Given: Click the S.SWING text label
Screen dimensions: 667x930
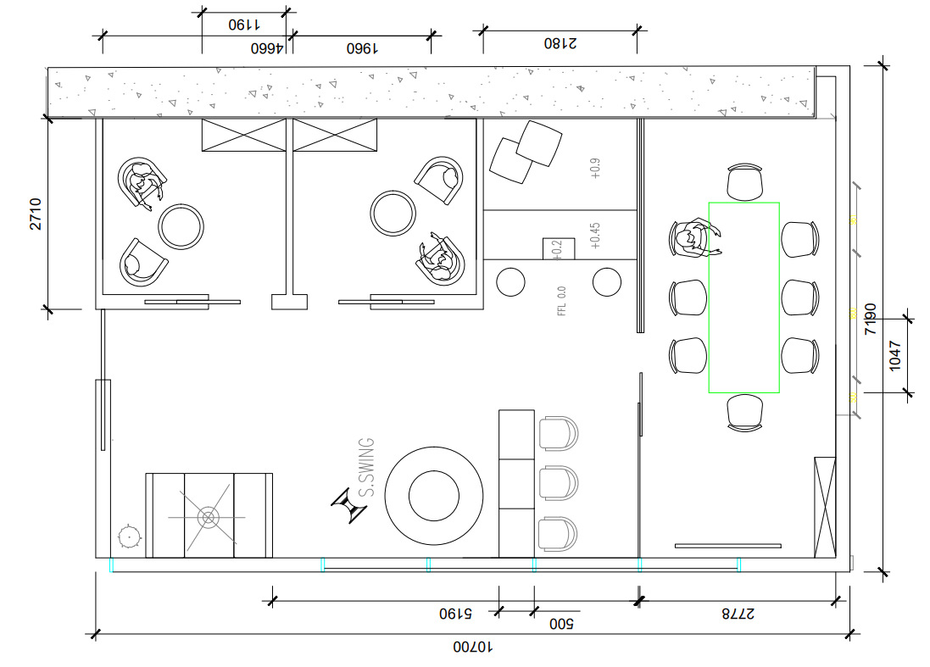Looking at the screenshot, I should pos(366,468).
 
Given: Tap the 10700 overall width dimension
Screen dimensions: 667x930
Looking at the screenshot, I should pos(472,648).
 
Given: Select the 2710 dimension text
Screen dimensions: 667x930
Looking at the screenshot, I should pos(36,214).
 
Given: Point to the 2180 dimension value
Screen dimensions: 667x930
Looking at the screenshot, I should pos(560,42).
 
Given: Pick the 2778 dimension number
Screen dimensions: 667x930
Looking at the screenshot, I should pos(737,613).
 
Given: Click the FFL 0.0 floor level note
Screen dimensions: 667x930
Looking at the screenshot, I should pos(561,301).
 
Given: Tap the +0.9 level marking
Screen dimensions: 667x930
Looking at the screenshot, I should pos(594,168).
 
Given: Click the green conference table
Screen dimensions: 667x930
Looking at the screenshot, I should pos(743,297).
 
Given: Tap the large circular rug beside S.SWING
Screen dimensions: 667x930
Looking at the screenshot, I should pos(434,495).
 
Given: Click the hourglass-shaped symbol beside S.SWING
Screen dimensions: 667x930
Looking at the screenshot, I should pos(349,506).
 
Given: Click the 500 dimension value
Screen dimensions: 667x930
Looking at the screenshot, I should pos(561,625).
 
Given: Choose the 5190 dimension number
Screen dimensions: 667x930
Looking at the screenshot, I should pos(454,613).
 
